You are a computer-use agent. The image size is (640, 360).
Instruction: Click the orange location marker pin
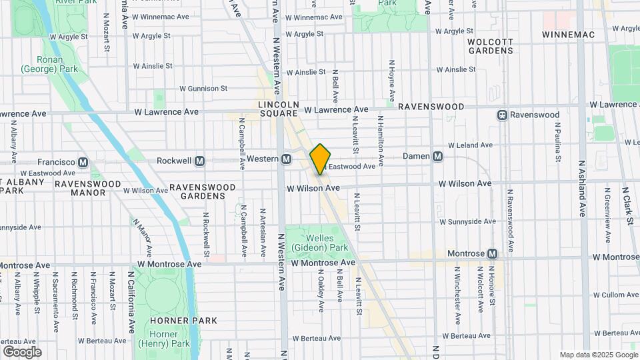320,159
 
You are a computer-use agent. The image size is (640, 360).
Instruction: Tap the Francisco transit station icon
83,162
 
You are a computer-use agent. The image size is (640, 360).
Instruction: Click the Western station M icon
286,159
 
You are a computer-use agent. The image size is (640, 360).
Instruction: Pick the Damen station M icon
438,156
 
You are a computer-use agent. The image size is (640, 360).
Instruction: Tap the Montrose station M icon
493,254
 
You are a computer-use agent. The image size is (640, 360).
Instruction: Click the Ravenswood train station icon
502,115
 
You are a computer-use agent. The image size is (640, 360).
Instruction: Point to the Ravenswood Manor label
89,188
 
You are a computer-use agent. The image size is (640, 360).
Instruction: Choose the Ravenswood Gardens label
197,191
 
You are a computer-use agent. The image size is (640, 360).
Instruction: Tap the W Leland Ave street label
469,145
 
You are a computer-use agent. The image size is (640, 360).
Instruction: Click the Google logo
22,352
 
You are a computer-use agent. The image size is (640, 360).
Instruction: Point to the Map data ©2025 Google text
599,355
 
